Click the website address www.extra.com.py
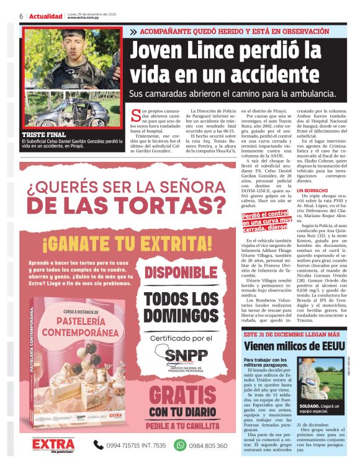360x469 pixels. [x=84, y=18]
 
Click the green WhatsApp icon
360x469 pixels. [x=180, y=444]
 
